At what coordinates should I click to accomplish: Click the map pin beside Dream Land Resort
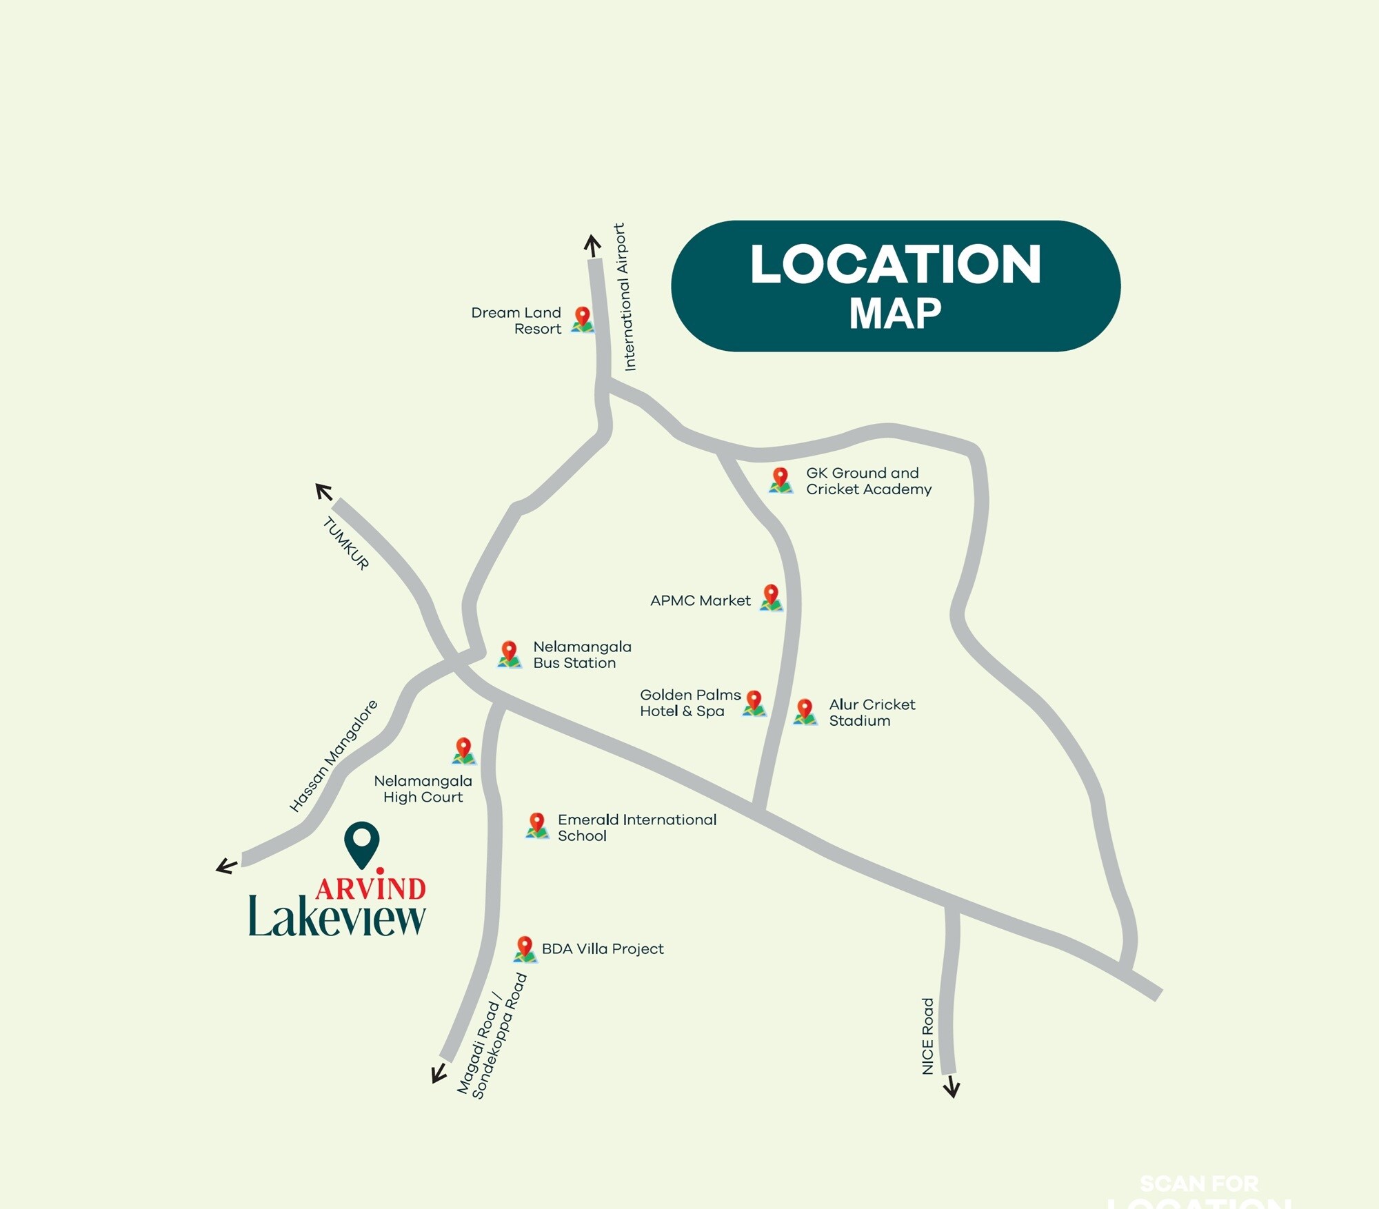pyautogui.click(x=583, y=319)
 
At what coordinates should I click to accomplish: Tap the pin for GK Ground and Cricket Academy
pyautogui.click(x=781, y=480)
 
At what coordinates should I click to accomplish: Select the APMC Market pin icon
pyautogui.click(x=771, y=597)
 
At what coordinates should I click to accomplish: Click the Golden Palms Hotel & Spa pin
pyautogui.click(x=754, y=703)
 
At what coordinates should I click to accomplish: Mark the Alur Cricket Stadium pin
pyautogui.click(x=805, y=711)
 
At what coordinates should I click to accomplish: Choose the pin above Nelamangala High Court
pyautogui.click(x=464, y=750)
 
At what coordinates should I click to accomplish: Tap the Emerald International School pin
pyautogui.click(x=537, y=824)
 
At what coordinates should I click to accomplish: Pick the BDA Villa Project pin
pyautogui.click(x=525, y=948)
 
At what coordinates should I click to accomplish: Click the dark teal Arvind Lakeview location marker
pyautogui.click(x=362, y=843)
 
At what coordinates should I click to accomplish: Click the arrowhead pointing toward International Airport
pyautogui.click(x=592, y=244)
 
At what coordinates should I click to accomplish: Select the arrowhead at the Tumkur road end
pyautogui.click(x=323, y=491)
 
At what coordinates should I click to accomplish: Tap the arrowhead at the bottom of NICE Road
pyautogui.click(x=952, y=1087)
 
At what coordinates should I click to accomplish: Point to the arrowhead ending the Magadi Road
pyautogui.click(x=437, y=1075)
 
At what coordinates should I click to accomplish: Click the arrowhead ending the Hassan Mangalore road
pyautogui.click(x=225, y=866)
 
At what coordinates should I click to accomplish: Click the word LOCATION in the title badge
pyautogui.click(x=895, y=264)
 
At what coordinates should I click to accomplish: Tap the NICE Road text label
pyautogui.click(x=928, y=1035)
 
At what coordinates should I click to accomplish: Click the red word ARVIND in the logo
pyautogui.click(x=371, y=888)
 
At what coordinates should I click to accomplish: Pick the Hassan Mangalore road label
pyautogui.click(x=334, y=755)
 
